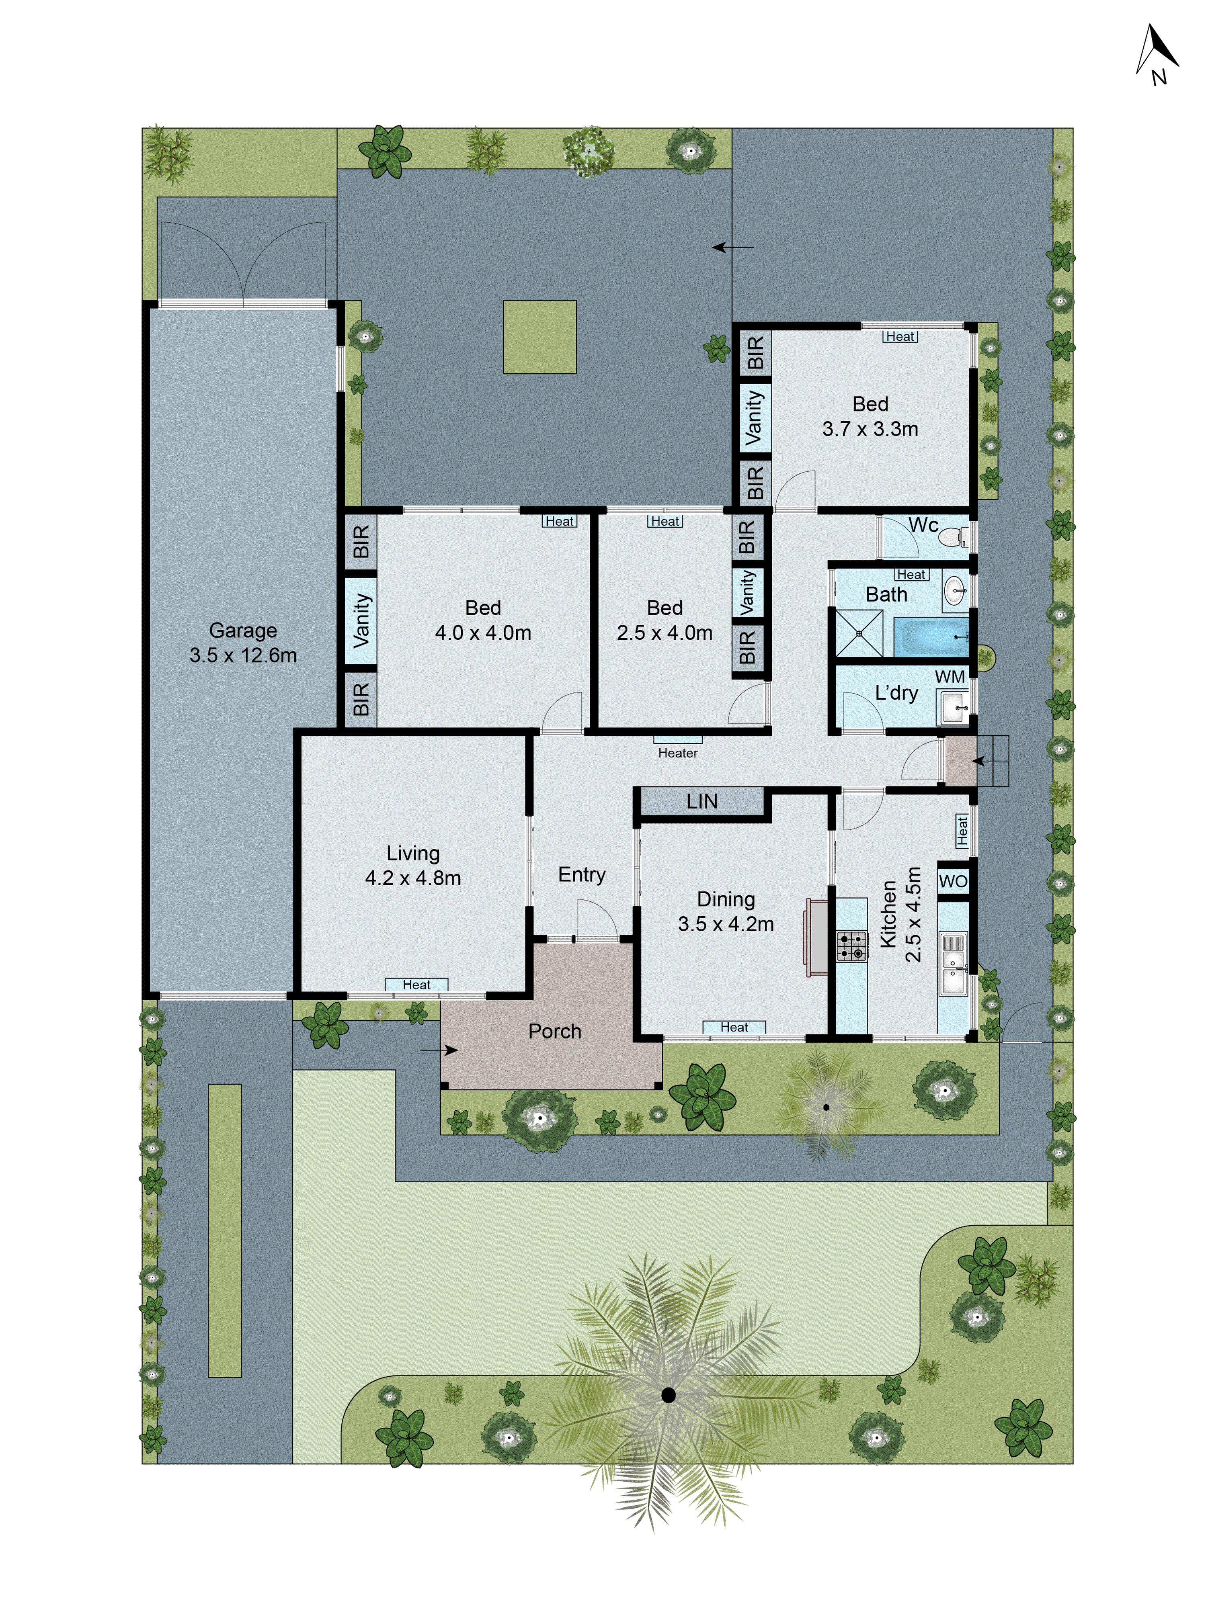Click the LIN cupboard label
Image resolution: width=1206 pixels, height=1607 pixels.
tap(701, 801)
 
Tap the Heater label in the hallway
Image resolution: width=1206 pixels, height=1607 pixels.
tap(677, 753)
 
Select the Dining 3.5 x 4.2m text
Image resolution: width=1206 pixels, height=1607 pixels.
tap(726, 912)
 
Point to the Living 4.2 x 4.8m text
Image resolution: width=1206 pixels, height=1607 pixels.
tap(413, 865)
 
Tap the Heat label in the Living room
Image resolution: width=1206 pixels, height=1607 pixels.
tap(416, 985)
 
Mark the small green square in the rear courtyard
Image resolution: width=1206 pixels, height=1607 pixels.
tap(539, 337)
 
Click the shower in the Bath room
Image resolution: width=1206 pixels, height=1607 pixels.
tap(859, 633)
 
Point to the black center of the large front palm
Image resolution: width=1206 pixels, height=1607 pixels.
tap(668, 1395)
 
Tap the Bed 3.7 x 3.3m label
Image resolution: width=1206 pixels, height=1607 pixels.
tap(870, 416)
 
